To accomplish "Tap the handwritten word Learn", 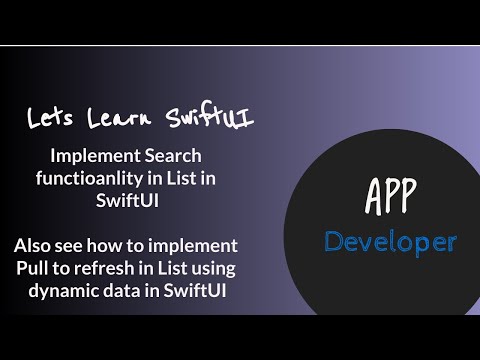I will pos(116,118).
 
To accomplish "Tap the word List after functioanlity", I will pos(188,178).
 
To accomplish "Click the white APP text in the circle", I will pos(389,197).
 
